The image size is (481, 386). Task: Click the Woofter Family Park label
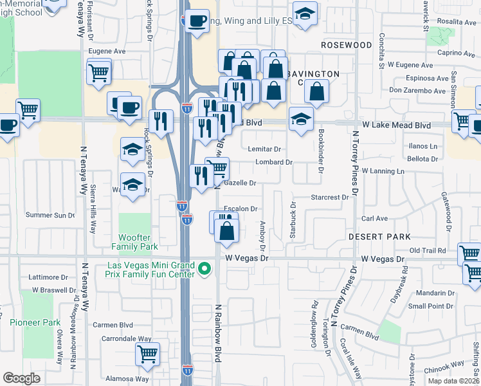[x=134, y=242]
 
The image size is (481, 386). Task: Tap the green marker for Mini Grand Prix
[x=205, y=268]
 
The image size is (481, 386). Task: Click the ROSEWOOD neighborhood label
[x=346, y=46]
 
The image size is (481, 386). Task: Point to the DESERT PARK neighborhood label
[x=379, y=237]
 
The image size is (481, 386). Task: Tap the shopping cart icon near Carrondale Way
[x=148, y=353]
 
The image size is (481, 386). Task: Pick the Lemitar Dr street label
[x=264, y=149]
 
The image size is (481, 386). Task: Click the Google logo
[x=21, y=378]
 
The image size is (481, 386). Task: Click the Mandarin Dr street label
[x=431, y=293]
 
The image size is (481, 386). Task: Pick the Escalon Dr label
[x=240, y=208]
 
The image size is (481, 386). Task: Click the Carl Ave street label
[x=374, y=219]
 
